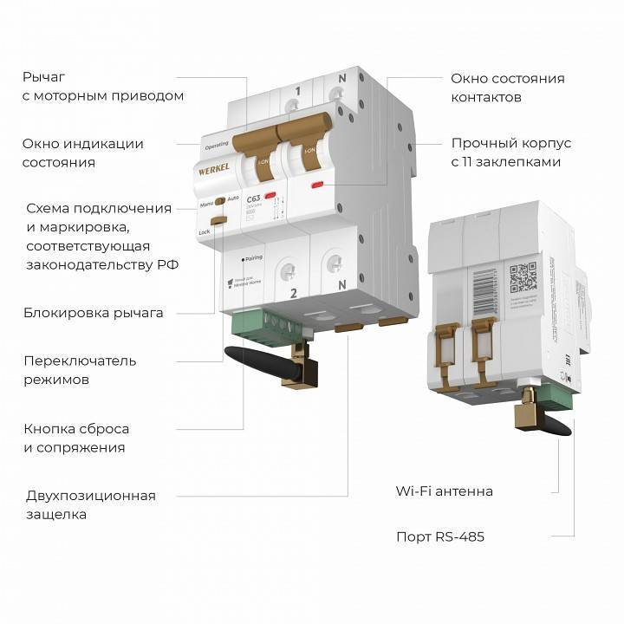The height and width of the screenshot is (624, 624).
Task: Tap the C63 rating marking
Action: pyautogui.click(x=253, y=199)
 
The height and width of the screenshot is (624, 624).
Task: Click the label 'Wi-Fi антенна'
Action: pyautogui.click(x=444, y=491)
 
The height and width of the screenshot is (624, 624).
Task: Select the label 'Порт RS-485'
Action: pyautogui.click(x=440, y=536)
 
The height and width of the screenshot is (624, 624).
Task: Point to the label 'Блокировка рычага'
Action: pyautogui.click(x=94, y=313)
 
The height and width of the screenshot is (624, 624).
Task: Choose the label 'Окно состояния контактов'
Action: pyautogui.click(x=507, y=88)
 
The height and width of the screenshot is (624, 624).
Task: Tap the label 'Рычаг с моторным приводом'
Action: pyautogui.click(x=103, y=86)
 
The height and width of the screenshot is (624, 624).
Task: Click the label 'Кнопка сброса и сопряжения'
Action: pyautogui.click(x=76, y=439)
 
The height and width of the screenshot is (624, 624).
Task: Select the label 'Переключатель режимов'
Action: pyautogui.click(x=80, y=370)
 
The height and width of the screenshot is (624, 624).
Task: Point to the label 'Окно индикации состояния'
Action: pyautogui.click(x=82, y=153)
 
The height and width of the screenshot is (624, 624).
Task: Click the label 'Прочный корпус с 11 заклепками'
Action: pyautogui.click(x=510, y=153)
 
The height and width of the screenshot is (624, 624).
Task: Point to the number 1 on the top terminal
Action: pyautogui.click(x=297, y=91)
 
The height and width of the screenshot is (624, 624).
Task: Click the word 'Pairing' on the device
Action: pyautogui.click(x=252, y=258)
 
